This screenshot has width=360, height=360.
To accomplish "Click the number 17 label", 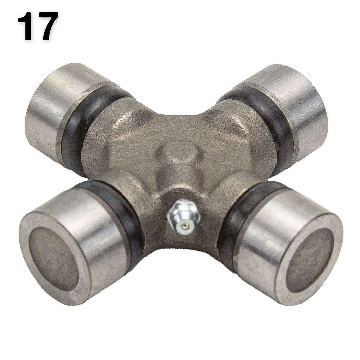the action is (x=38, y=26).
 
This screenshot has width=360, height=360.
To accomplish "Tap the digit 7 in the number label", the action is (x=47, y=26).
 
